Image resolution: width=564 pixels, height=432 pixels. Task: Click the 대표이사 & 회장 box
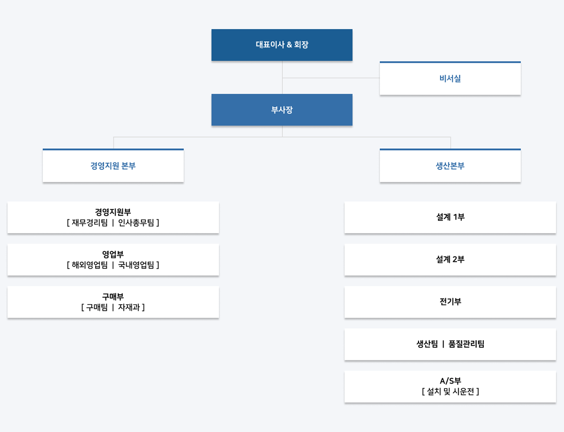pyautogui.click(x=282, y=45)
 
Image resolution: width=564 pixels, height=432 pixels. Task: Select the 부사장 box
pyautogui.click(x=282, y=110)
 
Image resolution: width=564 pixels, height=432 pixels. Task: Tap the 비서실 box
pyautogui.click(x=450, y=78)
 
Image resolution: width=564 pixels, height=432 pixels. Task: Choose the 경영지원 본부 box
pyautogui.click(x=113, y=165)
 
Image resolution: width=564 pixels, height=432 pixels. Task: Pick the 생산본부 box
pyautogui.click(x=450, y=165)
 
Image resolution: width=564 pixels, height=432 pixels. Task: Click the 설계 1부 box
pyautogui.click(x=450, y=217)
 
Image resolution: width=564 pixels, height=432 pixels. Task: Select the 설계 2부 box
pyautogui.click(x=450, y=260)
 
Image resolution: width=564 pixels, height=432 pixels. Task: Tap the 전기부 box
pyautogui.click(x=450, y=302)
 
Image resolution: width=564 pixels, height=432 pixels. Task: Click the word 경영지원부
pyautogui.click(x=113, y=212)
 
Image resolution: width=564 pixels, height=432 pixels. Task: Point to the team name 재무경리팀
pyautogui.click(x=90, y=223)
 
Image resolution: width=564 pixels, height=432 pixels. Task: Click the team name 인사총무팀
pyautogui.click(x=136, y=223)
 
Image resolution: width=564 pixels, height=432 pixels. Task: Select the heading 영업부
pyautogui.click(x=113, y=254)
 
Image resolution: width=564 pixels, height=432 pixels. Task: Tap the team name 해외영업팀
pyautogui.click(x=90, y=265)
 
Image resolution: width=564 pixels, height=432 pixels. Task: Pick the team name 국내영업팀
pyautogui.click(x=136, y=265)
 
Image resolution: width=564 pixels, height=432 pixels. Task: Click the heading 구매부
pyautogui.click(x=113, y=297)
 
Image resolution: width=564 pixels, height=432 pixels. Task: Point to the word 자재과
pyautogui.click(x=129, y=307)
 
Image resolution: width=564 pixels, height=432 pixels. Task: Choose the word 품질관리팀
pyautogui.click(x=467, y=344)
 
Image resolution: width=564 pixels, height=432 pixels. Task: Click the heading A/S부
pyautogui.click(x=450, y=381)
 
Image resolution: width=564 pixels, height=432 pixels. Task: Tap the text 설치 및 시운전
pyautogui.click(x=450, y=392)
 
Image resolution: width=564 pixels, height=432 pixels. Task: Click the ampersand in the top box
pyautogui.click(x=289, y=45)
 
